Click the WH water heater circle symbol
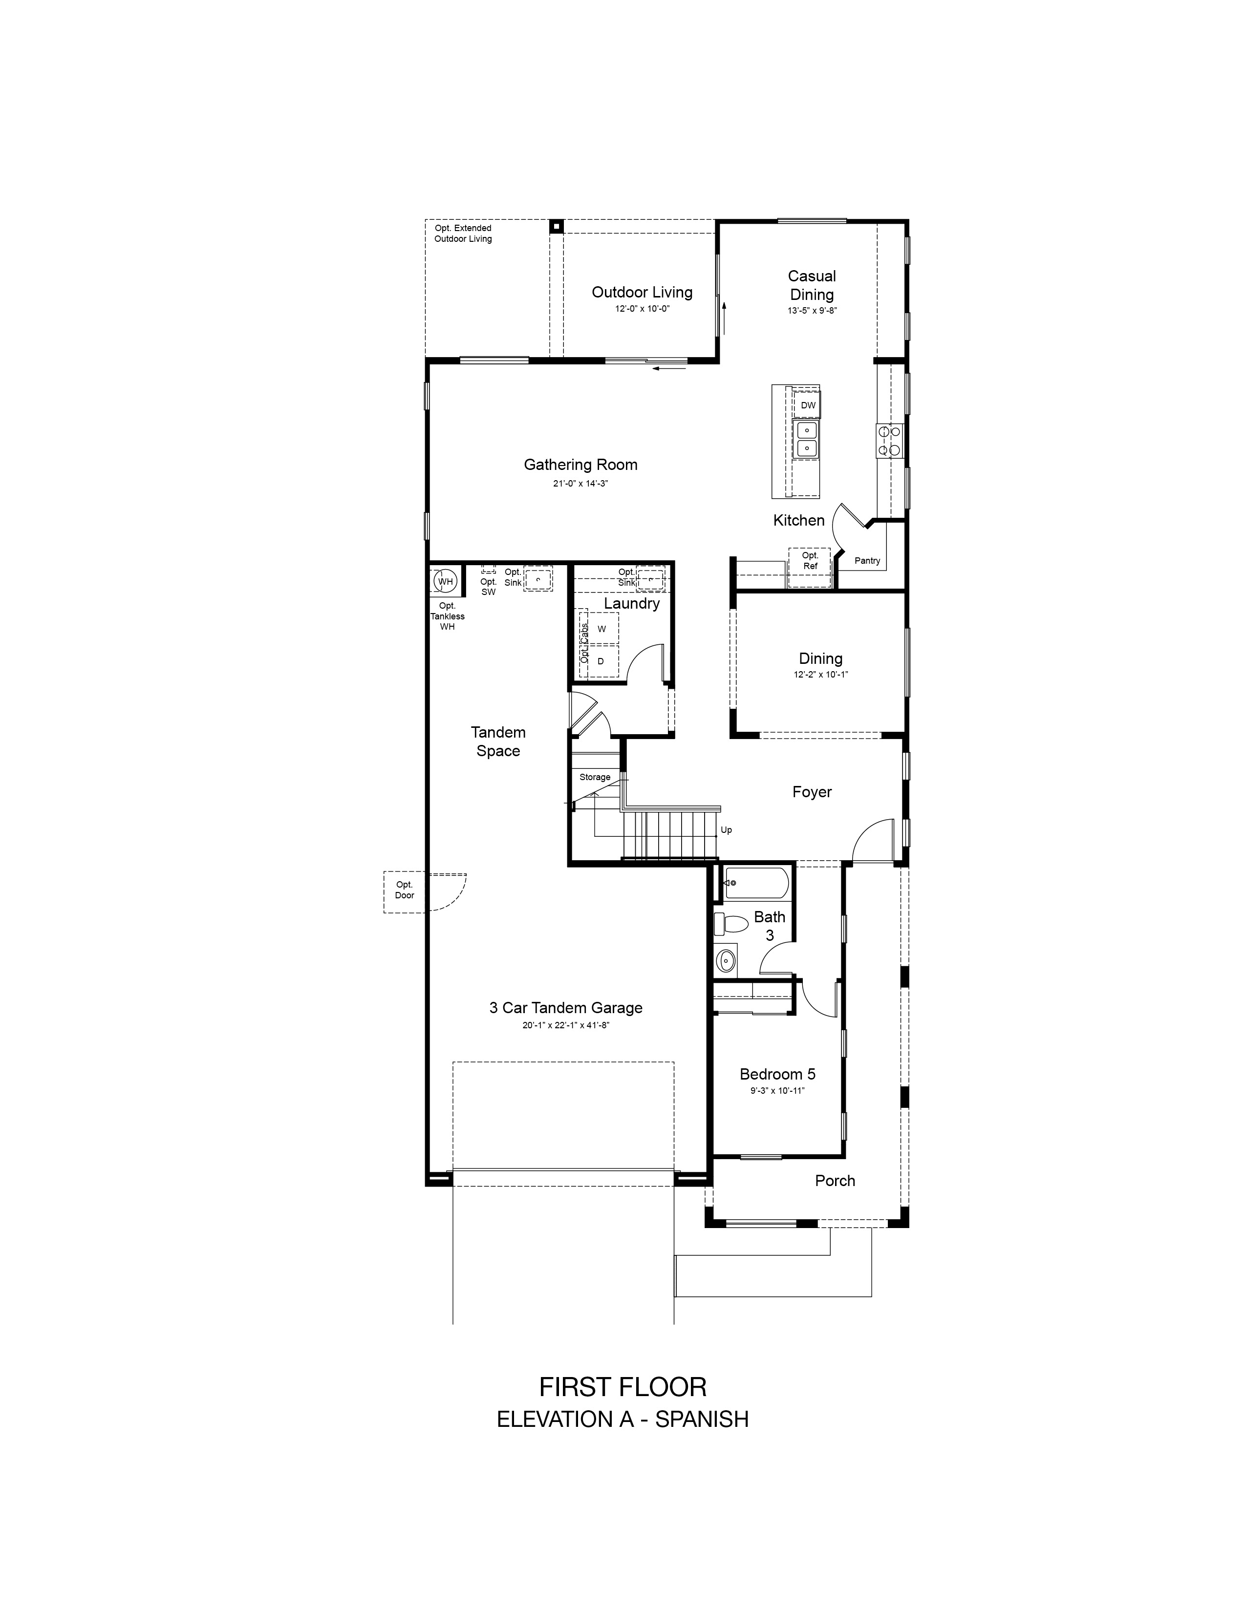tap(445, 581)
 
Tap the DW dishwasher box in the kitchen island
tap(808, 405)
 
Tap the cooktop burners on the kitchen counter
tap(889, 441)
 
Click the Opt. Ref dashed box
tap(810, 566)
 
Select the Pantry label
tap(867, 561)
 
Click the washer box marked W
tap(602, 629)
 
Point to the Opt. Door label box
tap(405, 891)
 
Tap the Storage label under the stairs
tap(595, 777)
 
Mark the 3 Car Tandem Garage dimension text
tap(565, 1025)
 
